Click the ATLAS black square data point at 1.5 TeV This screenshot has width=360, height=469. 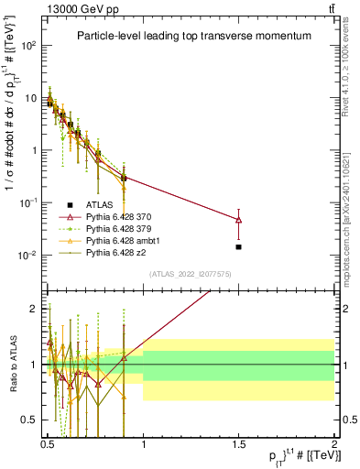tap(239, 246)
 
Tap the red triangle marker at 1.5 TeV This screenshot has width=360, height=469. tap(239, 220)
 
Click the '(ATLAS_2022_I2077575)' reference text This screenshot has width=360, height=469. tap(191, 274)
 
